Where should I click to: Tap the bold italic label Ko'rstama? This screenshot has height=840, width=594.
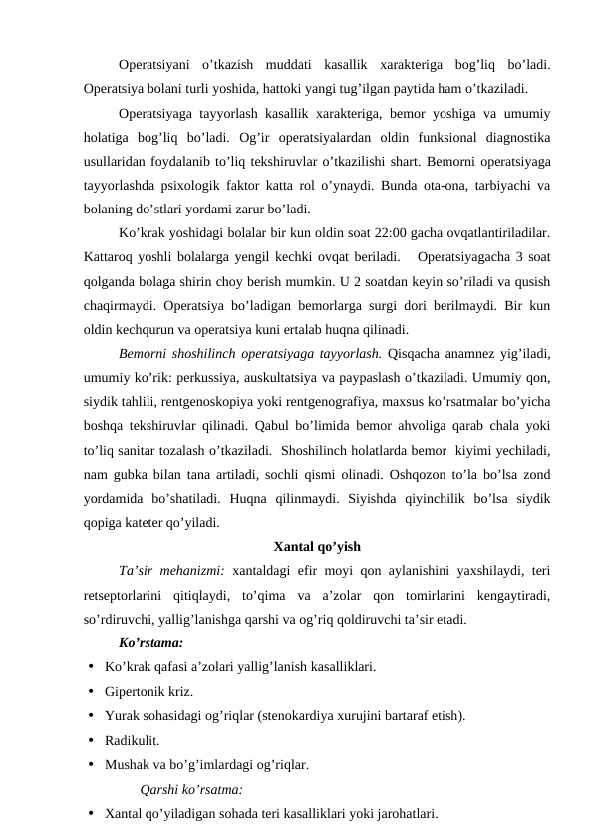pyautogui.click(x=149, y=642)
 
